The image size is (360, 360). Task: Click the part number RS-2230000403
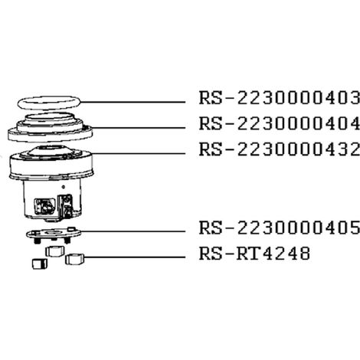pyautogui.click(x=280, y=97)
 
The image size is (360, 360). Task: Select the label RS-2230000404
pyautogui.click(x=280, y=123)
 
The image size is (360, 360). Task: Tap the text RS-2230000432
pyautogui.click(x=280, y=149)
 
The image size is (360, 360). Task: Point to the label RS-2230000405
pyautogui.click(x=280, y=227)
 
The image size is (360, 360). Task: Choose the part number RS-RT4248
pyautogui.click(x=254, y=254)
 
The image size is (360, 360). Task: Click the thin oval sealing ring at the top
pyautogui.click(x=48, y=97)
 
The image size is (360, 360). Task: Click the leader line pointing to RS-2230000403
pyautogui.click(x=133, y=102)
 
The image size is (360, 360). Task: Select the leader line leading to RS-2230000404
pyautogui.click(x=138, y=128)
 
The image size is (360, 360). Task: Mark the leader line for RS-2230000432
pyautogui.click(x=138, y=153)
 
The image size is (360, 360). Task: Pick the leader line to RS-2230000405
pyautogui.click(x=133, y=231)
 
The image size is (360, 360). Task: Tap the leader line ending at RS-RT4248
pyautogui.click(x=134, y=257)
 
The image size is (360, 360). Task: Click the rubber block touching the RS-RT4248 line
pyautogui.click(x=74, y=259)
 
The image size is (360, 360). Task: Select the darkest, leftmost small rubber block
pyautogui.click(x=40, y=263)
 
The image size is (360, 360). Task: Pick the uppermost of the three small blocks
pyautogui.click(x=55, y=251)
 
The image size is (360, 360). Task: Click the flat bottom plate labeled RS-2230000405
pyautogui.click(x=54, y=233)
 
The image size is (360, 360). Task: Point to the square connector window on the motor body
pyautogui.click(x=44, y=206)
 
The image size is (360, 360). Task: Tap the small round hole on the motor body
pyautogui.click(x=64, y=187)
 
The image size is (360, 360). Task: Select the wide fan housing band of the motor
pyautogui.click(x=51, y=166)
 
